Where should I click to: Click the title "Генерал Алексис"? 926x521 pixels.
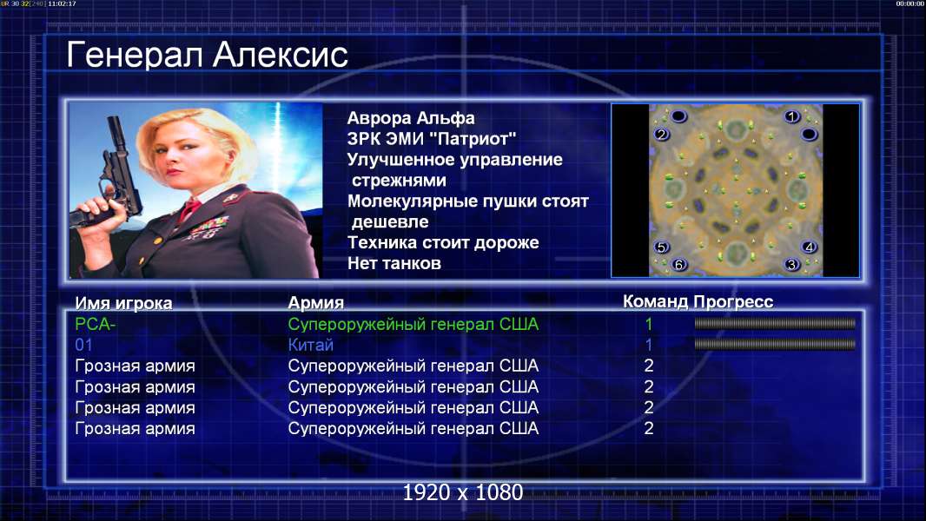[207, 56]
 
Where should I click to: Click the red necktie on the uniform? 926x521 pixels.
[189, 209]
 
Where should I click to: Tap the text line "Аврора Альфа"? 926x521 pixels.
[410, 118]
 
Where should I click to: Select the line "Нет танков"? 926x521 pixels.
[394, 263]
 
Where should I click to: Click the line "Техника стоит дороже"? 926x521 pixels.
[443, 242]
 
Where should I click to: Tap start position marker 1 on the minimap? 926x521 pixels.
[792, 117]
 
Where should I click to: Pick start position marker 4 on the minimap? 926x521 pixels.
[809, 247]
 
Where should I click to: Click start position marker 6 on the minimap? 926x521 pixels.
[678, 265]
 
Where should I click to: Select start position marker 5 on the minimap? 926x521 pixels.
[661, 247]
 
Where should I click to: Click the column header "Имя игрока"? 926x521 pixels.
[123, 303]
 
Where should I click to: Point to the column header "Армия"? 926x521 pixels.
[315, 303]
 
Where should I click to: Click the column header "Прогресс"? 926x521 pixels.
[733, 302]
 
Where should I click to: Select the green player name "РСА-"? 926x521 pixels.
[95, 324]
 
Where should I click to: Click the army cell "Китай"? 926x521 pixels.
[311, 345]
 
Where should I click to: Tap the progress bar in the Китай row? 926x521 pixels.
[774, 344]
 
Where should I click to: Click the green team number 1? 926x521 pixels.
[648, 324]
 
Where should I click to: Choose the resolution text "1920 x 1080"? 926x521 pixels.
[462, 492]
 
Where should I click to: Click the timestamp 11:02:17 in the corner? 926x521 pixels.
[62, 3]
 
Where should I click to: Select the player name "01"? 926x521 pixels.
[84, 345]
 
